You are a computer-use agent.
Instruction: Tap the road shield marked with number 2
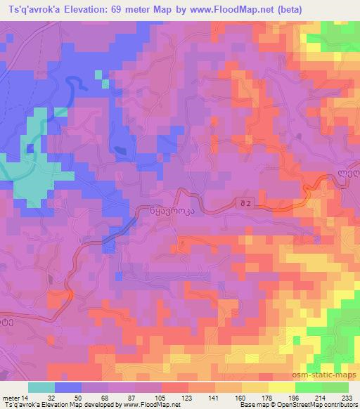pyautogui.click(x=243, y=203)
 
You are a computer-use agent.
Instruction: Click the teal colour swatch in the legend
pyautogui.click(x=41, y=387)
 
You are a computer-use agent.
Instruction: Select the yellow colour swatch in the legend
pyautogui.click(x=281, y=387)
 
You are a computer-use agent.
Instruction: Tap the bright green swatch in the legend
pyautogui.click(x=307, y=387)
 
